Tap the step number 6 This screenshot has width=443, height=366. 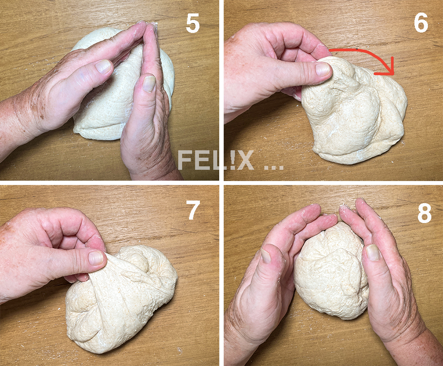[421, 23]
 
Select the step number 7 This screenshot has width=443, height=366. [193, 210]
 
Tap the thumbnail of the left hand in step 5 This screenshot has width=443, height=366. [103, 67]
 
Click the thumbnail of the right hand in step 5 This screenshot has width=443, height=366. [149, 83]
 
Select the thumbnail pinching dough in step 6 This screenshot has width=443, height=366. [322, 69]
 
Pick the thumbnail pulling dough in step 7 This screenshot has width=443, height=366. [96, 258]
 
